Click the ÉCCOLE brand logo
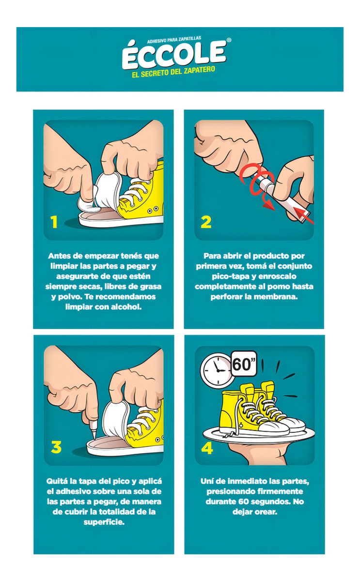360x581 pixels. coord(174,55)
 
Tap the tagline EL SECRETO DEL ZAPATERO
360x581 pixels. coord(173,72)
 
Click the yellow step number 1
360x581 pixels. coord(54,222)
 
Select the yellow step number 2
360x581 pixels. coord(206,222)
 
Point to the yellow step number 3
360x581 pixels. coord(56,447)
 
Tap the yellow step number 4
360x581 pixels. coord(207,448)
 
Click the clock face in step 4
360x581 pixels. coord(217,370)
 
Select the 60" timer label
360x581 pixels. coord(244,364)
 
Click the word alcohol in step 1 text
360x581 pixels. coord(126,307)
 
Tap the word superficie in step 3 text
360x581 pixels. coord(104,522)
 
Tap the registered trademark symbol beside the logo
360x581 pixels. coord(229,40)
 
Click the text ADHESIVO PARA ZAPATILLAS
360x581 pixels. coord(174,40)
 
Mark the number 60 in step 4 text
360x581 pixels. coord(244,502)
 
